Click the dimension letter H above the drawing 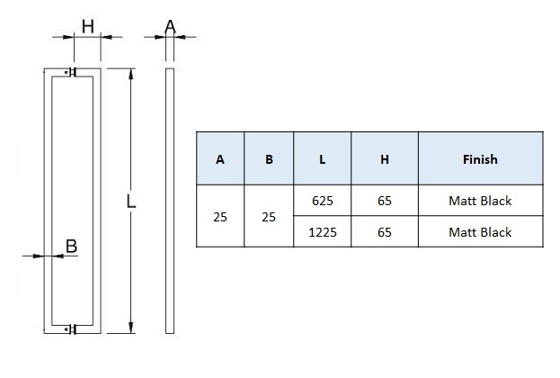coord(87,26)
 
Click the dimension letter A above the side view coord(170,26)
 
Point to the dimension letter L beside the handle coord(131,202)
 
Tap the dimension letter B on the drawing coord(72,245)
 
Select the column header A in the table coord(220,159)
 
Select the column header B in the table coord(269,159)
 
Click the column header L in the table coord(322,159)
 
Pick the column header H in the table coord(385,159)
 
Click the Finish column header coord(480,159)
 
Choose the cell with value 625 coord(322,201)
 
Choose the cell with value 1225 coord(322,231)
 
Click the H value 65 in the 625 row coord(385,201)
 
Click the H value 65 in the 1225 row coord(385,231)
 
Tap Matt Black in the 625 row coord(480,201)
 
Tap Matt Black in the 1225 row coord(480,231)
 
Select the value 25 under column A coord(220,217)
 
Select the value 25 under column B coord(269,217)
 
